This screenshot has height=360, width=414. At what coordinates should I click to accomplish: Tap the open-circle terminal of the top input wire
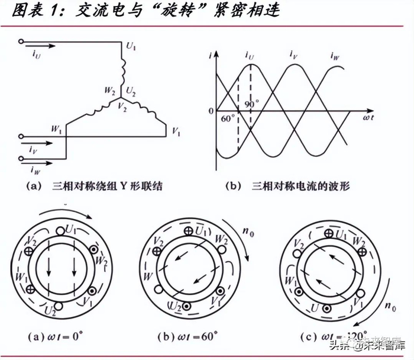(x=22, y=42)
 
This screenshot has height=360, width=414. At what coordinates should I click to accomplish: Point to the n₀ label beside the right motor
(x=390, y=307)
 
